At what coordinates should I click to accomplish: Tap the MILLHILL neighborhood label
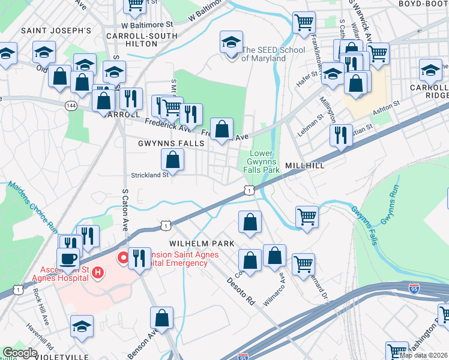coord(305,165)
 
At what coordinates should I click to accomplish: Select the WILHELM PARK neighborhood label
coord(201,244)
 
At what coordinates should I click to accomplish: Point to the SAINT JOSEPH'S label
coord(56,29)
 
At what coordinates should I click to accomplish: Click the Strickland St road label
coord(149,175)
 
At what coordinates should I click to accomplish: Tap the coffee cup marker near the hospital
coord(70,259)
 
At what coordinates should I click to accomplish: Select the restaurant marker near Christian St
coord(341,135)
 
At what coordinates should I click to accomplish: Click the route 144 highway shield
coord(71,105)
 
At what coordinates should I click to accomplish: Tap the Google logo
coord(20,353)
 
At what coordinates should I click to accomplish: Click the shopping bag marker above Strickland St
coord(172,160)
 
